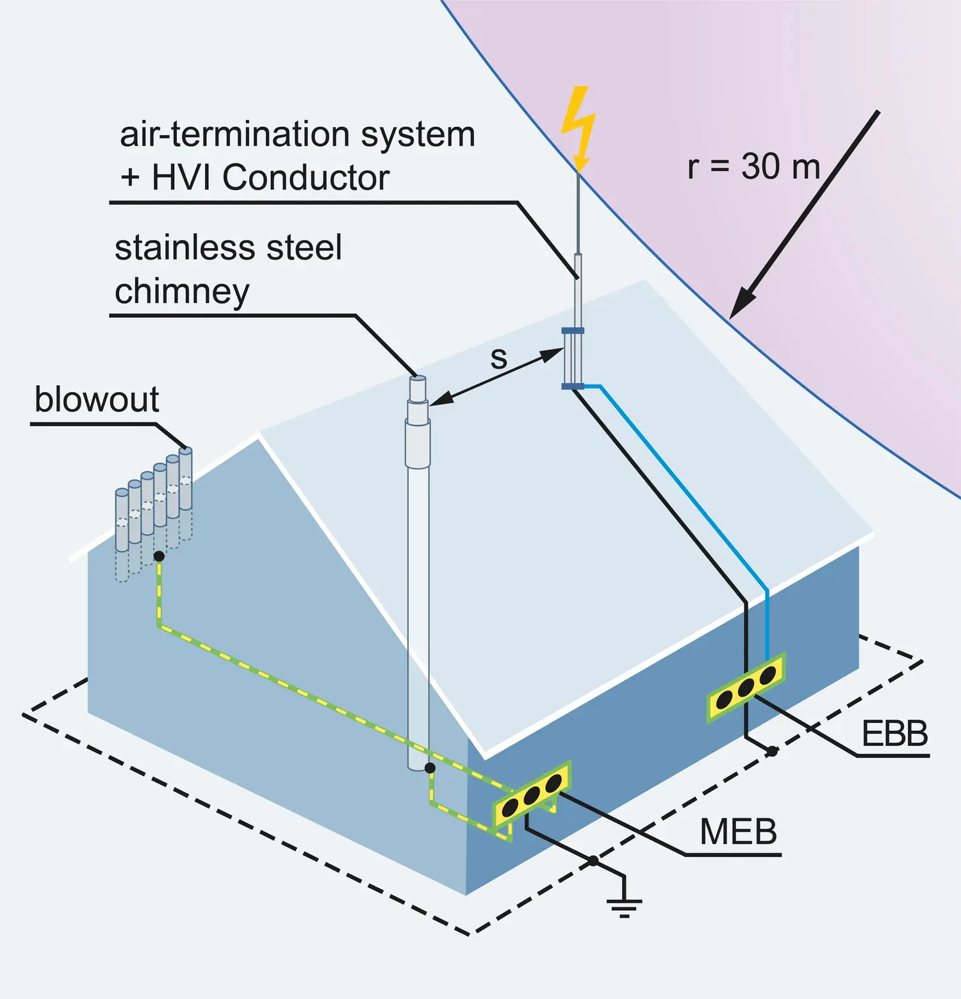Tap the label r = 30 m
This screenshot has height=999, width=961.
pos(753,167)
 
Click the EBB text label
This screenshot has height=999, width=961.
pos(894,734)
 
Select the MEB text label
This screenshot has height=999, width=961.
pos(738,832)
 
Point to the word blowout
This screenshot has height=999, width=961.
pos(97,400)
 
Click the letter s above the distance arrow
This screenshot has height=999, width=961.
pos(498,358)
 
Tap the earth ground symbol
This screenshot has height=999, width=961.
pos(624,905)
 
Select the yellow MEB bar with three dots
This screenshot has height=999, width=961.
pos(531,795)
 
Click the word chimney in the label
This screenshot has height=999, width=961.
pos(182,292)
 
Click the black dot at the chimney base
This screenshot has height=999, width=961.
pos(430,768)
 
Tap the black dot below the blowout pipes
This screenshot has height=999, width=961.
pos(159,556)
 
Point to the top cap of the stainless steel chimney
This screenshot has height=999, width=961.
pos(418,379)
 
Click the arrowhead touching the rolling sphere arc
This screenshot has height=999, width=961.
pos(741,304)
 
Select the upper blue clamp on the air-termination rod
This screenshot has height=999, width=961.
pos(573,331)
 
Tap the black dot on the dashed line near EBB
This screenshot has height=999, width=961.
pos(773,751)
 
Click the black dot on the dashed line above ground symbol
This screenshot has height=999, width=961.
pos(593,861)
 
